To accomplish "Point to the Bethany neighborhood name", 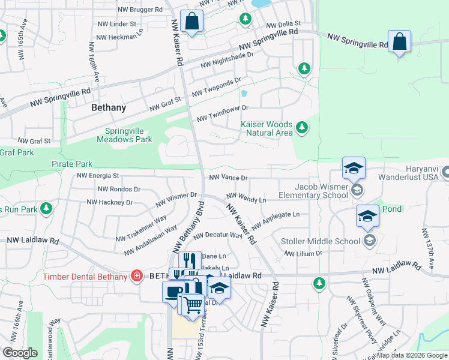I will [109, 108].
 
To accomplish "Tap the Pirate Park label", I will [71, 164].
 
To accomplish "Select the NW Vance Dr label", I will [228, 178].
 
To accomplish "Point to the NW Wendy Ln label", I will [246, 198].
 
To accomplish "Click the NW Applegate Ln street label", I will [276, 220].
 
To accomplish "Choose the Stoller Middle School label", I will [321, 241].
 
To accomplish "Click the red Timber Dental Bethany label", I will [85, 277].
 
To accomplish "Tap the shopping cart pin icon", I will [193, 305].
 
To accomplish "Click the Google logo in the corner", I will [20, 353].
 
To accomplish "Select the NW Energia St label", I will [98, 176].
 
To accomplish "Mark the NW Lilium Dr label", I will [303, 254].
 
